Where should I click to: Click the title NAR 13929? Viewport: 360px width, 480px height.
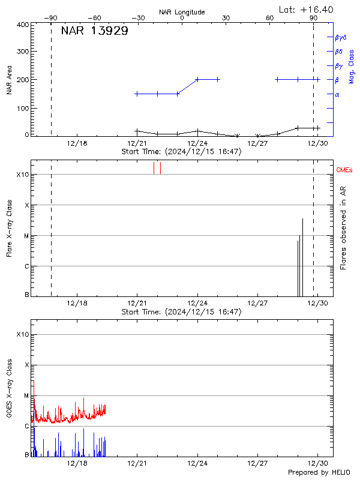(94, 31)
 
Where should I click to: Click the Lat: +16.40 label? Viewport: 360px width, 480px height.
(307, 9)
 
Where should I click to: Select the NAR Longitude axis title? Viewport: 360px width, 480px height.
(182, 12)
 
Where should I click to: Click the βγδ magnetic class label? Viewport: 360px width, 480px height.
(341, 37)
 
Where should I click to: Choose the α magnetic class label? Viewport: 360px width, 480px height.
(337, 94)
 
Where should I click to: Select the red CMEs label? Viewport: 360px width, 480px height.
(345, 170)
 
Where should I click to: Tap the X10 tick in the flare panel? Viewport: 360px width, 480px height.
(22, 175)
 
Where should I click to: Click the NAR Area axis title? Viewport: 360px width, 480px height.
(9, 79)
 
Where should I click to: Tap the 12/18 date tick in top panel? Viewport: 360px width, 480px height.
(78, 143)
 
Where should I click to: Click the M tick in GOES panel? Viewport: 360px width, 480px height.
(26, 395)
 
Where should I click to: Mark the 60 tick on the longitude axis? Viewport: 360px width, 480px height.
(270, 19)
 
